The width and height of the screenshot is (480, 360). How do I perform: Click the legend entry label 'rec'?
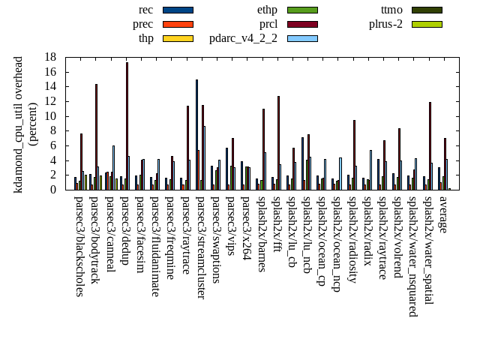pos(146,10)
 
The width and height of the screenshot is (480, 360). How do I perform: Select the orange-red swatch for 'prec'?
pos(178,24)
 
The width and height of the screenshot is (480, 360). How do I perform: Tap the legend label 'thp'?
pos(146,38)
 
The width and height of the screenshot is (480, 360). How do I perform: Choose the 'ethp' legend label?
pos(267,10)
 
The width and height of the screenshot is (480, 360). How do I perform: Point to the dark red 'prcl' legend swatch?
pos(302,24)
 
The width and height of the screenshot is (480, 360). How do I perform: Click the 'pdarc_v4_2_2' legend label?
pos(243,38)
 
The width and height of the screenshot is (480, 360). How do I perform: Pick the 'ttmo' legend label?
pos(391,10)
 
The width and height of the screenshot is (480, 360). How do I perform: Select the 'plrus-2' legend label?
pos(385,24)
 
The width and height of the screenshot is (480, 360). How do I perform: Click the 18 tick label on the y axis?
pos(50,57)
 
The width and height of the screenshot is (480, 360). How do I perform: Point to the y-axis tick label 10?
pos(50,116)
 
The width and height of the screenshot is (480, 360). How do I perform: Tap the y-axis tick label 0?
pos(53,190)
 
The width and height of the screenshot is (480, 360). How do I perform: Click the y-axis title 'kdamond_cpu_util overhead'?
pos(19,124)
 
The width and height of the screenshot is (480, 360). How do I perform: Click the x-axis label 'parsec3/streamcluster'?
pos(200,247)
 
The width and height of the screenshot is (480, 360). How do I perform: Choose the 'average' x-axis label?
pos(442,214)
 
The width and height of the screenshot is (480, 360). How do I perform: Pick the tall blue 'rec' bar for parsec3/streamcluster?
pos(196,134)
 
